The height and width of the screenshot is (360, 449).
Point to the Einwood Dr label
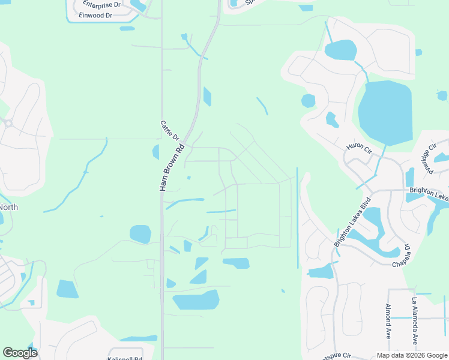pyautogui.click(x=95, y=15)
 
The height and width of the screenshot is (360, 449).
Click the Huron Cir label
pyautogui.click(x=360, y=147)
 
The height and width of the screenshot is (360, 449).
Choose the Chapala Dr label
pyautogui.click(x=402, y=256)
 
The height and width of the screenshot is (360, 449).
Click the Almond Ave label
pyautogui.click(x=388, y=322)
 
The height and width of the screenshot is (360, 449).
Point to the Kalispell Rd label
pyautogui.click(x=125, y=358)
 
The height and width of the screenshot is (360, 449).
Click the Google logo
pyautogui.click(x=19, y=353)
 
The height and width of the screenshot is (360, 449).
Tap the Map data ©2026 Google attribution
pyautogui.click(x=412, y=355)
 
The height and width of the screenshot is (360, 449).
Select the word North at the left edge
pyautogui.click(x=8, y=208)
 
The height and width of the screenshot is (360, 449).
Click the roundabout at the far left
pyautogui.click(x=8, y=124)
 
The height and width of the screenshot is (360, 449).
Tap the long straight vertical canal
pyautogui.click(x=297, y=217)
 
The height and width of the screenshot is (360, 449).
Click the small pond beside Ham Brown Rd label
pyautogui.click(x=155, y=152)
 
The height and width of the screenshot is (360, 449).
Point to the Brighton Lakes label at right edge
pyautogui.click(x=430, y=193)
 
